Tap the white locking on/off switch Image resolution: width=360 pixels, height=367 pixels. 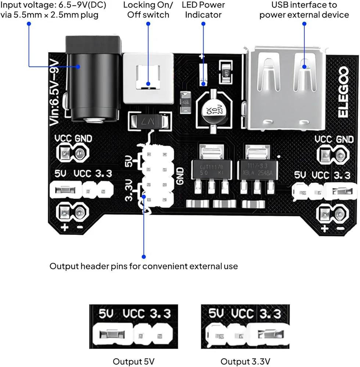tap(148, 78)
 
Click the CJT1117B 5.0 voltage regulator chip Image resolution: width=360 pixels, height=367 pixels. tap(211, 169)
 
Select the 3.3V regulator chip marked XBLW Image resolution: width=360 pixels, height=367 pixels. tap(256, 169)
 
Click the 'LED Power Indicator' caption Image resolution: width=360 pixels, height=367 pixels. tap(203, 10)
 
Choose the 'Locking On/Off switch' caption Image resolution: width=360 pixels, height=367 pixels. tap(148, 10)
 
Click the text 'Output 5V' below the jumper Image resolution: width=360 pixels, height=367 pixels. tap(133, 361)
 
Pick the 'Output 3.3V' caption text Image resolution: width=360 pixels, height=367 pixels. tap(245, 361)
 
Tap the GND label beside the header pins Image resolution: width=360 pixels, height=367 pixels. tap(180, 176)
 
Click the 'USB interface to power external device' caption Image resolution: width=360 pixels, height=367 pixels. tap(304, 10)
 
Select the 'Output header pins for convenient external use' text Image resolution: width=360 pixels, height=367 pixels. tap(144, 266)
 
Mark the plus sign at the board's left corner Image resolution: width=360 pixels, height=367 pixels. tap(65, 227)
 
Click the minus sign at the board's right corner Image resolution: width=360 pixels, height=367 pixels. tap(340, 229)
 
